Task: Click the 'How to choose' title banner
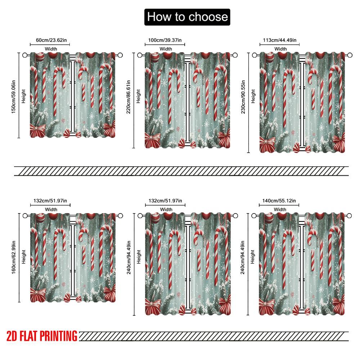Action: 187,17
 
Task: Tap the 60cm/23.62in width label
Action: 50,40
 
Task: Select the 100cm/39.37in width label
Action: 165,40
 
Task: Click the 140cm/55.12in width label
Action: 279,201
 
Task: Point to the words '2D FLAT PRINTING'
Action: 42,336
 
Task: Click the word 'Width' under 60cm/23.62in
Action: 51,49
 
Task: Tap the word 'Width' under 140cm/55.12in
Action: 280,210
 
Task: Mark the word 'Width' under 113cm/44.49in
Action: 280,49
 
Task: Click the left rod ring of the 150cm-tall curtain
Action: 25,55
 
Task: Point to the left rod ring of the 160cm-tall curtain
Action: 25,216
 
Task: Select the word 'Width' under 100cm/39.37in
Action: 166,49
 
